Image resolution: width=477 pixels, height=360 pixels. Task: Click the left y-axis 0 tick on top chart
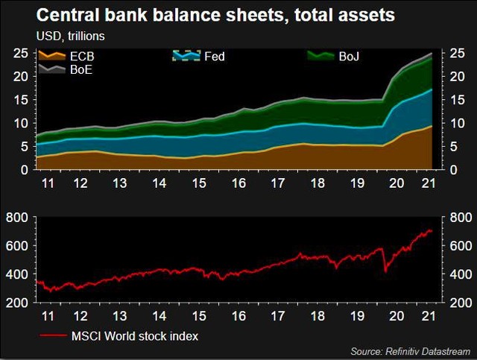tap(25, 169)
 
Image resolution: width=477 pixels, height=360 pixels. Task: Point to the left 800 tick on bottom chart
tap(18, 217)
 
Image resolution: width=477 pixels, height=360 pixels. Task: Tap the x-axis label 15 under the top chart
tap(199, 183)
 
